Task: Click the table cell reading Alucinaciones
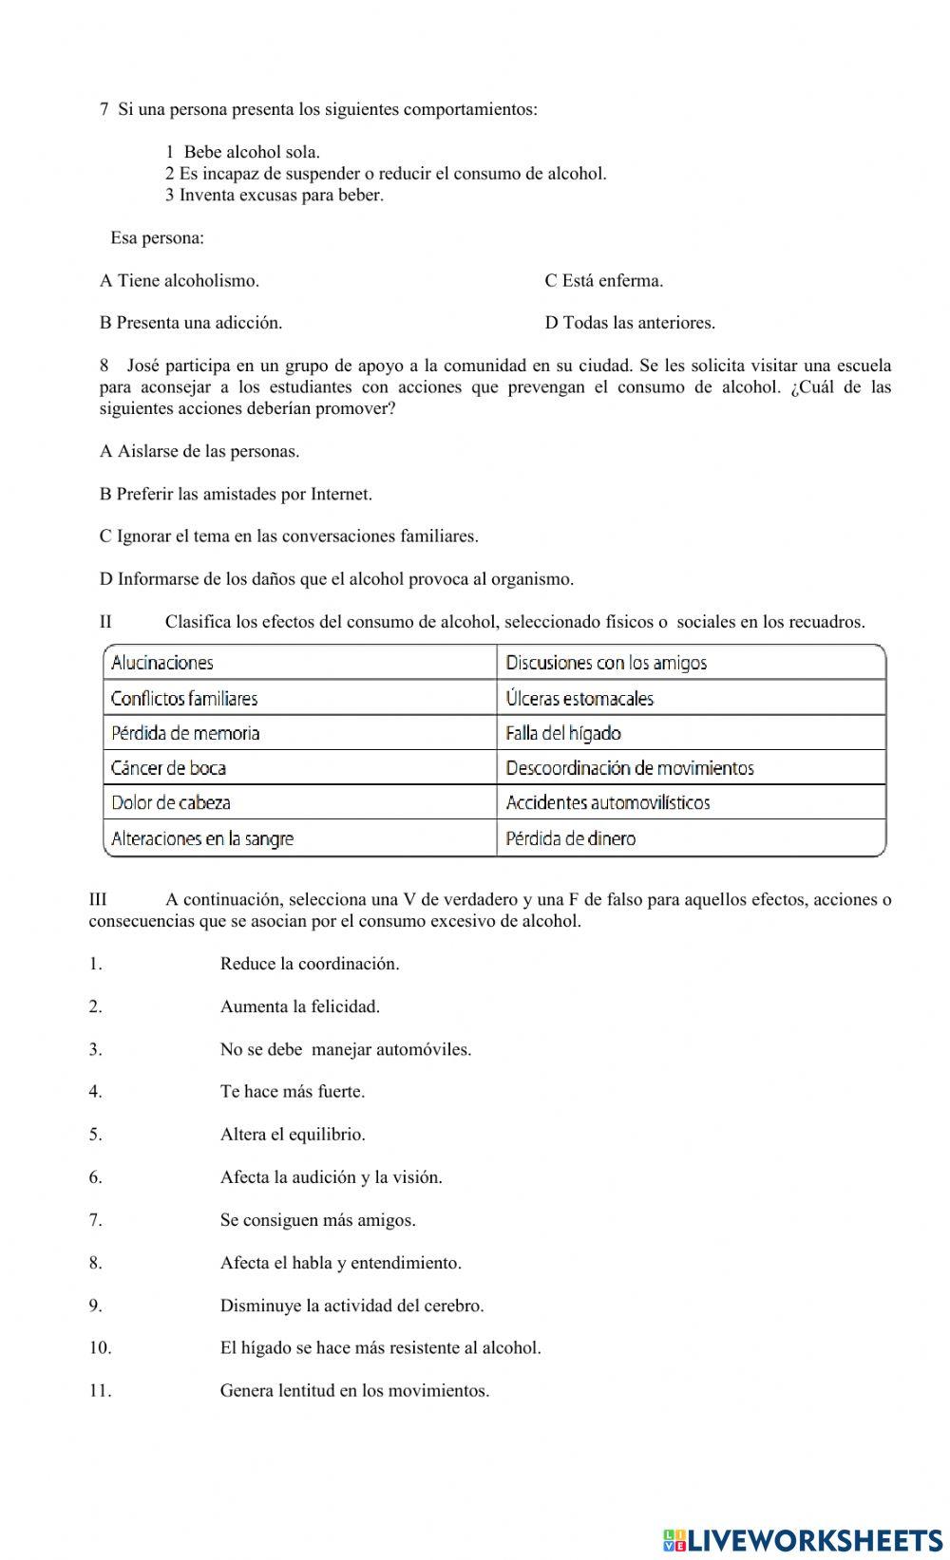(x=299, y=663)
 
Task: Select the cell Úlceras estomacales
(x=691, y=698)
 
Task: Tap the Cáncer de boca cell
(x=299, y=767)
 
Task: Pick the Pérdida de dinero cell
(x=691, y=838)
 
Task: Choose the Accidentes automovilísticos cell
(x=691, y=802)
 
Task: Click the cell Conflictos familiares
(x=299, y=698)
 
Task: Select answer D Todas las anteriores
(x=630, y=323)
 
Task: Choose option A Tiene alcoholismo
(x=180, y=280)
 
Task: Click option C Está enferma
(x=603, y=280)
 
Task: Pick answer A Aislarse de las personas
(x=199, y=451)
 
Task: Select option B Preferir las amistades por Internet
(x=236, y=494)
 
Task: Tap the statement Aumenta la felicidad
(x=299, y=1006)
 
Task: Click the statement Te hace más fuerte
(x=292, y=1092)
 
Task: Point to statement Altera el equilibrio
(x=292, y=1135)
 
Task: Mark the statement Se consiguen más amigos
(x=317, y=1220)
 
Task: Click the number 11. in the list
(x=100, y=1391)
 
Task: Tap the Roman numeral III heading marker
(x=98, y=899)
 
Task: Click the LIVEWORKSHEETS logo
(x=803, y=1539)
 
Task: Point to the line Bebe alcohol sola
(x=251, y=152)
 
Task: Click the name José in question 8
(x=145, y=366)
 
